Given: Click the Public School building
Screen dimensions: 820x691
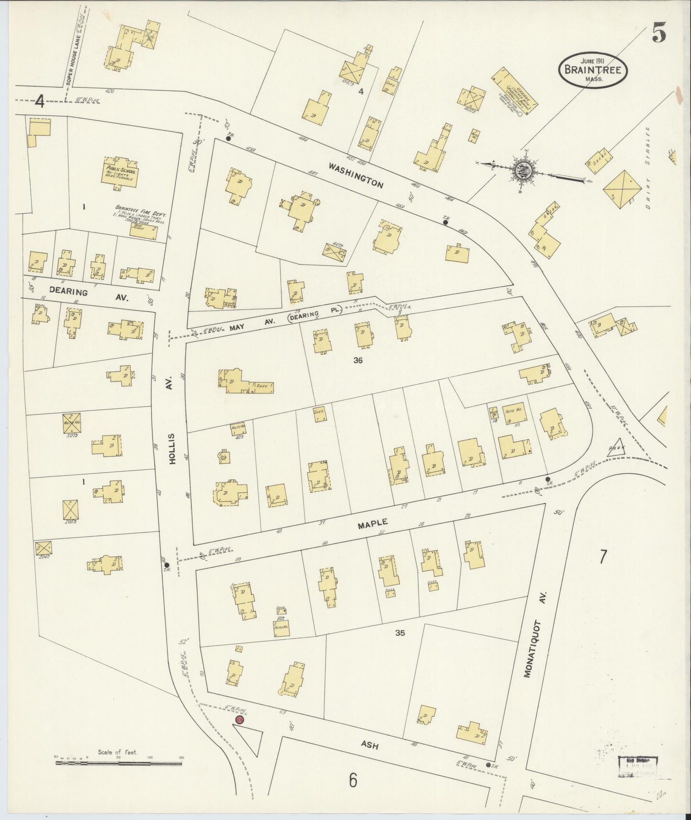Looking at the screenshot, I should click(x=120, y=174).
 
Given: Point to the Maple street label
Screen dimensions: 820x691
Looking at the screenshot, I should click(x=372, y=525).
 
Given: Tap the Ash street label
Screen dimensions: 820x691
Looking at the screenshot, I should click(x=370, y=744).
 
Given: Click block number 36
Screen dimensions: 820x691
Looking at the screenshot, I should click(x=357, y=361).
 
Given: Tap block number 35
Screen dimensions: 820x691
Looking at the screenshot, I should click(x=400, y=632).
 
